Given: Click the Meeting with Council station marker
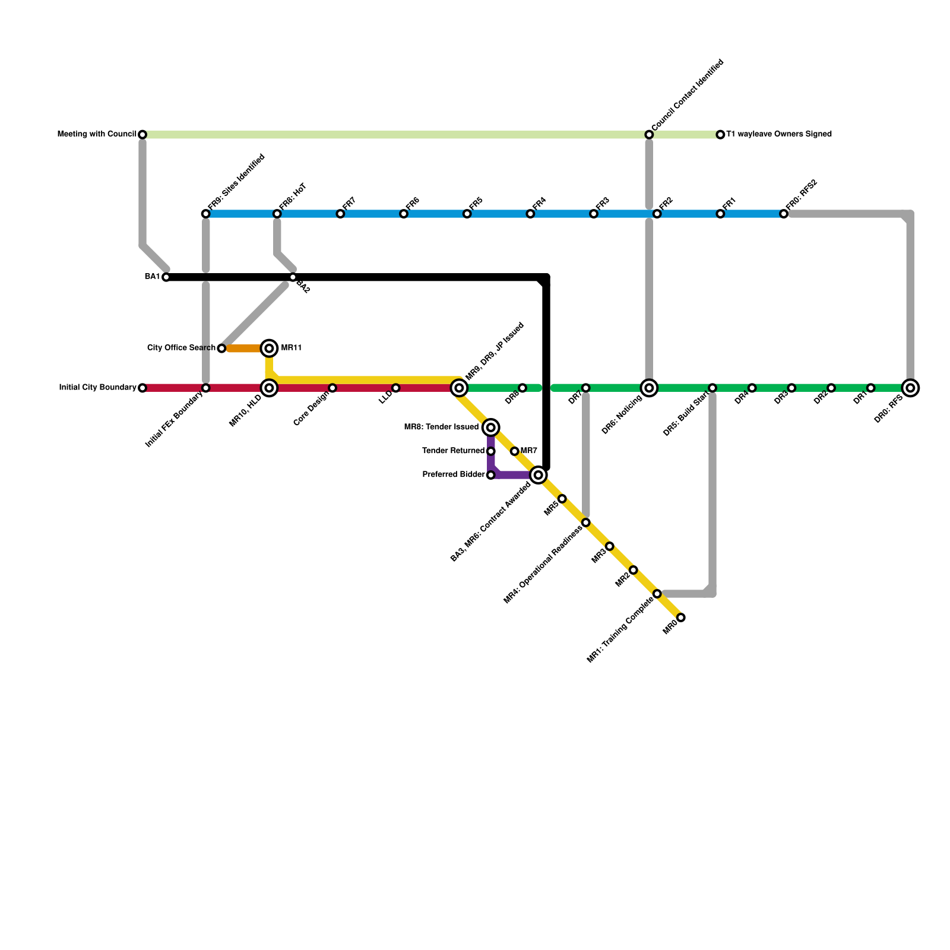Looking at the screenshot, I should pos(142,135).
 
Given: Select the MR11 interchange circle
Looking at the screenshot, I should pos(269,348).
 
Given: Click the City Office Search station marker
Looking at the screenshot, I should pos(221,348).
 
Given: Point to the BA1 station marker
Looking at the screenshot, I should pos(166,277).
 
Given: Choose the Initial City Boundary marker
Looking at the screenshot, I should pos(142,388).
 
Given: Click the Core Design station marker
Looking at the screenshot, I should pos(332,388).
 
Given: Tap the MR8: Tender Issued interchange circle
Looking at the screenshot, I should pos(491,427).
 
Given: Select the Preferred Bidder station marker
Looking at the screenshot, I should pos(491,475).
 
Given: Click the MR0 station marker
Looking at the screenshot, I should pos(681,617).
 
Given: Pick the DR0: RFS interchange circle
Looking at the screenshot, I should pos(910,388).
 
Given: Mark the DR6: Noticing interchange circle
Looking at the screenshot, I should pos(649,388).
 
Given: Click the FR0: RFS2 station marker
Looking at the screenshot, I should pos(784,214).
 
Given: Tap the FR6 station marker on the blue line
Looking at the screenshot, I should pos(404,214).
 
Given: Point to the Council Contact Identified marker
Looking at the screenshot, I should pos(649,135).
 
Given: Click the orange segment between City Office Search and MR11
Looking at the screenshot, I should pos(243,348).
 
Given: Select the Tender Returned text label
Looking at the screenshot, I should pos(454,451).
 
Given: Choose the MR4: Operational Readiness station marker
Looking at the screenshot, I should pos(586,522).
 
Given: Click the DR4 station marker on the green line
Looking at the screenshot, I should pos(752,388).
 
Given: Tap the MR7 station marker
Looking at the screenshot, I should pos(515,451).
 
